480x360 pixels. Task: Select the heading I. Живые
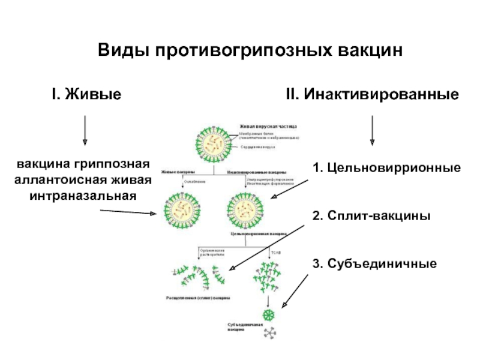[85, 95]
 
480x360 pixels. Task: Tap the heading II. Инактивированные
[373, 95]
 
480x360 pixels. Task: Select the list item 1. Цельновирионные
[386, 167]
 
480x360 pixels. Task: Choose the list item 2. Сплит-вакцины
[371, 215]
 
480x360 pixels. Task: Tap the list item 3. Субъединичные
[374, 263]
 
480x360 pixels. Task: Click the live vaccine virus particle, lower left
[181, 209]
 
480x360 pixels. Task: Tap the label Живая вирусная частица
[268, 127]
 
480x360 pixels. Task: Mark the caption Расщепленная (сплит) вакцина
[198, 298]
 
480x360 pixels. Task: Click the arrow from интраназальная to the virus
[130, 211]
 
